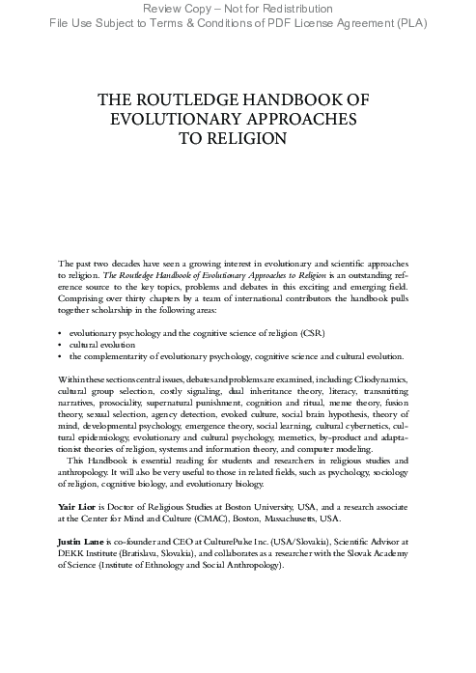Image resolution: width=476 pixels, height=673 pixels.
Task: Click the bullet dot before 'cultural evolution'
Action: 60,343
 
